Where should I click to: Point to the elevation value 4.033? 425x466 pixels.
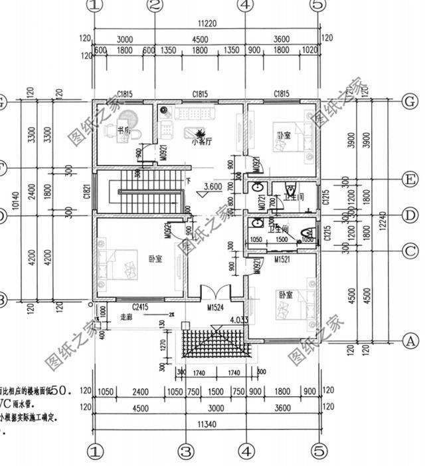(239, 320)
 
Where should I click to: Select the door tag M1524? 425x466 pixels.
(215, 308)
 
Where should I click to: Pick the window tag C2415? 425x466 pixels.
(139, 306)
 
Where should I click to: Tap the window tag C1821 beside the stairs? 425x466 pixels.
(87, 192)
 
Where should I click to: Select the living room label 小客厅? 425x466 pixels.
(201, 141)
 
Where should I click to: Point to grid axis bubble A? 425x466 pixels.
(411, 340)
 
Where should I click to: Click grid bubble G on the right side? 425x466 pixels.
(411, 101)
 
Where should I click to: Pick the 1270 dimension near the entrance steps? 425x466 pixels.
(162, 346)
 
